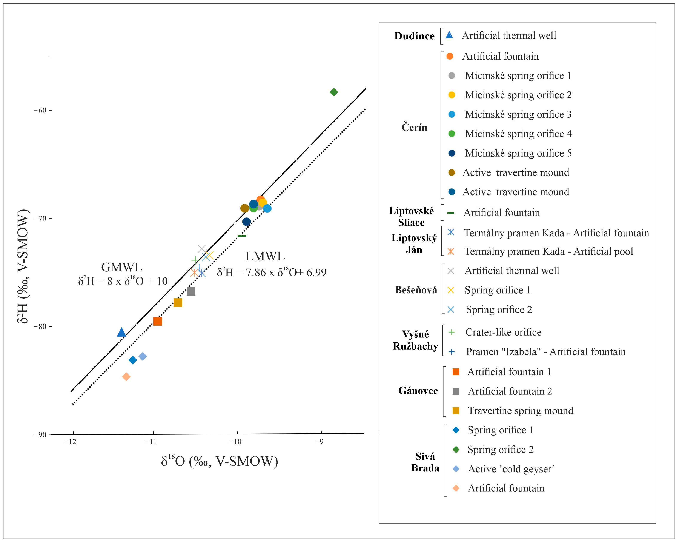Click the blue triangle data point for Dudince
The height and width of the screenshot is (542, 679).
121,333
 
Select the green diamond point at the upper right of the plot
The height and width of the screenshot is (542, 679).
334,92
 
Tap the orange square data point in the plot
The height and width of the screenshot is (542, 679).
157,321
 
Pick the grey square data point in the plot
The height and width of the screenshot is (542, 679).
191,291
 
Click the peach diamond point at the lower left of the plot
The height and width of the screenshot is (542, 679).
126,377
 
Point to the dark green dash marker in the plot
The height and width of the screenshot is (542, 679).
242,236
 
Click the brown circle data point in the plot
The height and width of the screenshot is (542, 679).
245,208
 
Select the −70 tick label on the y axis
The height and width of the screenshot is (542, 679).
40,218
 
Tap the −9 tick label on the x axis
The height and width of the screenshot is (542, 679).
319,442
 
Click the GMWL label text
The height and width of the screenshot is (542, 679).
121,267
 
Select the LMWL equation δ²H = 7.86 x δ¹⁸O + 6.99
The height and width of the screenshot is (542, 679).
272,272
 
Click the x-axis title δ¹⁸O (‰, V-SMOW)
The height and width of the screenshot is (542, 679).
220,461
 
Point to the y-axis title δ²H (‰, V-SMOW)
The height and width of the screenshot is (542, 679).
23,266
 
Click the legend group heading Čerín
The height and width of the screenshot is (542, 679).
414,127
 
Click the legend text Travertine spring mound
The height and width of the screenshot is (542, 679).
520,411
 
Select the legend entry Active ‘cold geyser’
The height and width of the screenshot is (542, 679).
511,469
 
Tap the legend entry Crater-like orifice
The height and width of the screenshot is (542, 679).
503,332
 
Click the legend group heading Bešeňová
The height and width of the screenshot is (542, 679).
416,290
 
